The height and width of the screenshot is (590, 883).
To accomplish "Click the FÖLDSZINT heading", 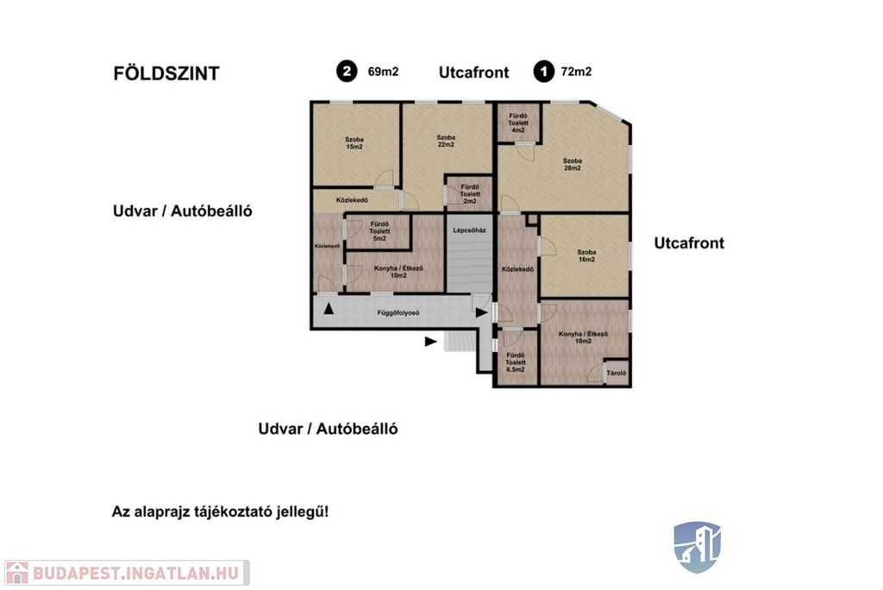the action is [166, 73].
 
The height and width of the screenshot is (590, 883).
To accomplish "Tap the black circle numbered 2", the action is [347, 72].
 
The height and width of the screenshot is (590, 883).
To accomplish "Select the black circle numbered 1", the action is [544, 72].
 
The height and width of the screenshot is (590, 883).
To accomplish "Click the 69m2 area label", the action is [383, 72].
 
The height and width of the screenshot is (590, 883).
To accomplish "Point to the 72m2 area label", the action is [576, 72].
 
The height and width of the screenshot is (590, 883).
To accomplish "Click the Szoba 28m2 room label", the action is [573, 164].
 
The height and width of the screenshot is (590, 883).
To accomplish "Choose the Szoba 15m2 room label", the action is [354, 143].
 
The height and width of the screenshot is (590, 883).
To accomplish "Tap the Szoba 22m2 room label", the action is [446, 141].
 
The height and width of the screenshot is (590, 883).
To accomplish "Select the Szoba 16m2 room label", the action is [586, 256].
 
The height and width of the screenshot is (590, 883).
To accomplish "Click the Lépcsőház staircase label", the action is [470, 230].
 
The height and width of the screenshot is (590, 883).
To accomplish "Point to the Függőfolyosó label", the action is [398, 312].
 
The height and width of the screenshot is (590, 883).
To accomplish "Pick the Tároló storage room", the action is [617, 373].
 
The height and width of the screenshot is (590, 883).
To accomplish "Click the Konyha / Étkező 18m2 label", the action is [584, 337].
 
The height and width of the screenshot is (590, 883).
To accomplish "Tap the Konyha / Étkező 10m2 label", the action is [398, 272].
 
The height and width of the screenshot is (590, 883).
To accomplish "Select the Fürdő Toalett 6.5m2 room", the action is [516, 357].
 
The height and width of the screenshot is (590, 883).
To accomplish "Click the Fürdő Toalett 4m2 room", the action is [518, 122].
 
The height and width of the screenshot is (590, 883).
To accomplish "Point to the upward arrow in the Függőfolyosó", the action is [329, 308].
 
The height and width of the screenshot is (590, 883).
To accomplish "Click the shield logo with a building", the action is [697, 547].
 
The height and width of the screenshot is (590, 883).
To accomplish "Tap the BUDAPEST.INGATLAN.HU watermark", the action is [127, 573].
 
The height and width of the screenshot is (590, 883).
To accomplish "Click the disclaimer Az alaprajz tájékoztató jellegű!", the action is [220, 512].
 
